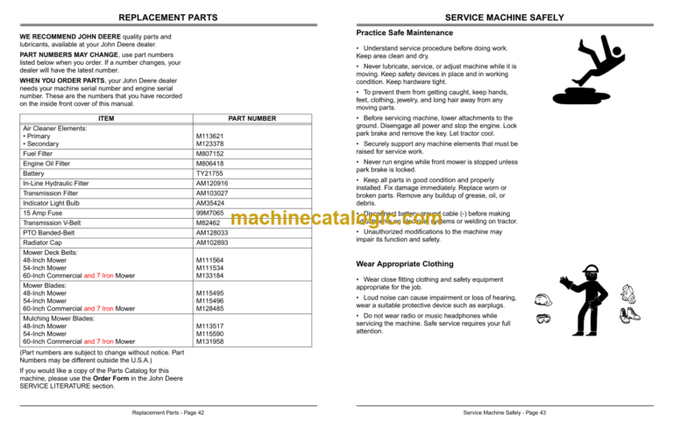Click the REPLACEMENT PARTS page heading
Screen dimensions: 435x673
[167, 17]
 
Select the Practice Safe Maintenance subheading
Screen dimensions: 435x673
[404, 32]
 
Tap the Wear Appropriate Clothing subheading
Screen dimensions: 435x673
[405, 263]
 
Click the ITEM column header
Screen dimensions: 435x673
[106, 118]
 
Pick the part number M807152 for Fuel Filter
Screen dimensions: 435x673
[210, 153]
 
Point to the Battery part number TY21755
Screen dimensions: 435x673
[209, 174]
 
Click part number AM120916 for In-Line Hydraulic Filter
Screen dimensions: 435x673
[212, 184]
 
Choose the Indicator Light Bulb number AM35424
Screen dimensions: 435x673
[210, 203]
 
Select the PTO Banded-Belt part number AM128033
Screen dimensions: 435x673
[212, 234]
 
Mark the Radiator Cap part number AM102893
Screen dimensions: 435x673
[212, 243]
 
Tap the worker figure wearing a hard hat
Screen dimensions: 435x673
[583, 302]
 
